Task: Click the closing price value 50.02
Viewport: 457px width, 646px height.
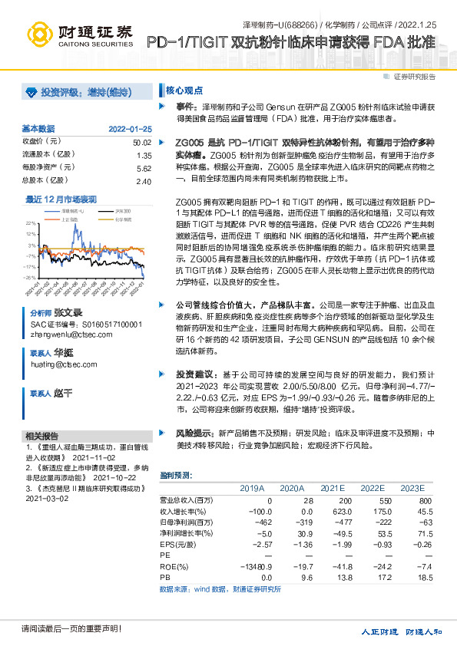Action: click(x=141, y=143)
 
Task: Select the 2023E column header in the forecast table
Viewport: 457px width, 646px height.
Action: click(x=412, y=488)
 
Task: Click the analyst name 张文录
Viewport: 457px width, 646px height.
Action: click(x=67, y=315)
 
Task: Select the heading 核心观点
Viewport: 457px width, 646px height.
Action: click(x=184, y=89)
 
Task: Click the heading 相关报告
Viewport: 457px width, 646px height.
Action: click(x=42, y=435)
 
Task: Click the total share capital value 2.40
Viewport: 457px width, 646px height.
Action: click(x=143, y=180)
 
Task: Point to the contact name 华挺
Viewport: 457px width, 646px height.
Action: click(x=64, y=353)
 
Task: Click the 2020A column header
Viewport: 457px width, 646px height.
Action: click(x=292, y=488)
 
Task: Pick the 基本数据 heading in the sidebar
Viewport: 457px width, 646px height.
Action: click(x=38, y=128)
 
